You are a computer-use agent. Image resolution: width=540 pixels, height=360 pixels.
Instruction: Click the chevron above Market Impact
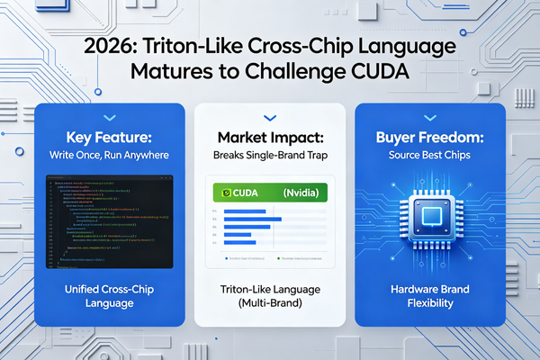(x=269, y=117)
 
